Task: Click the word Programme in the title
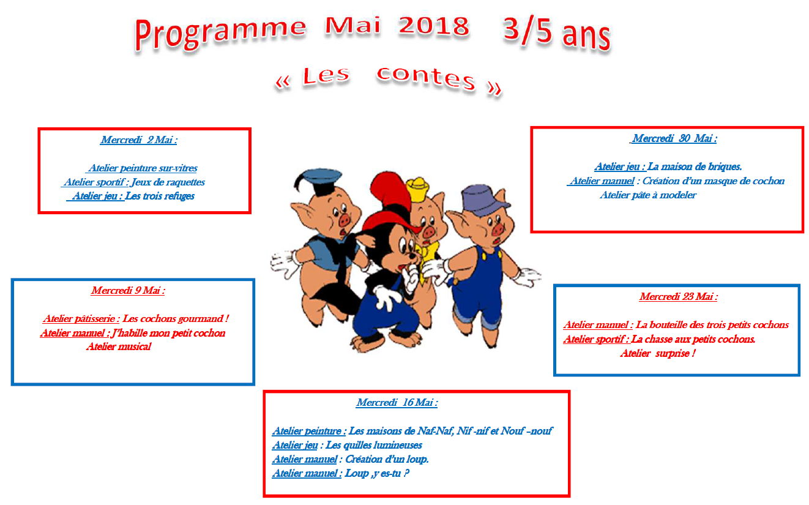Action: (221, 34)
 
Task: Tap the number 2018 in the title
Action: (433, 26)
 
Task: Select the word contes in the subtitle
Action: (426, 78)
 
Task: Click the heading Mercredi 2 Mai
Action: (139, 140)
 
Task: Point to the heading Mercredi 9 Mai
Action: (128, 290)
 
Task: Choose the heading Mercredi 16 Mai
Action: (397, 402)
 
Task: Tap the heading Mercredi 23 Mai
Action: (678, 296)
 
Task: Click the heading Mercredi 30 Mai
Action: (674, 138)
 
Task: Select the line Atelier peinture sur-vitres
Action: (143, 168)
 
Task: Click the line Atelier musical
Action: (119, 347)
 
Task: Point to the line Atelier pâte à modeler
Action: (648, 195)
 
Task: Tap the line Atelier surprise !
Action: (658, 353)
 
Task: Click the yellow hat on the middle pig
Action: (418, 190)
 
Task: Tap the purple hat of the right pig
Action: (485, 201)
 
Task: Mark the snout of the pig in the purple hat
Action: (498, 230)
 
